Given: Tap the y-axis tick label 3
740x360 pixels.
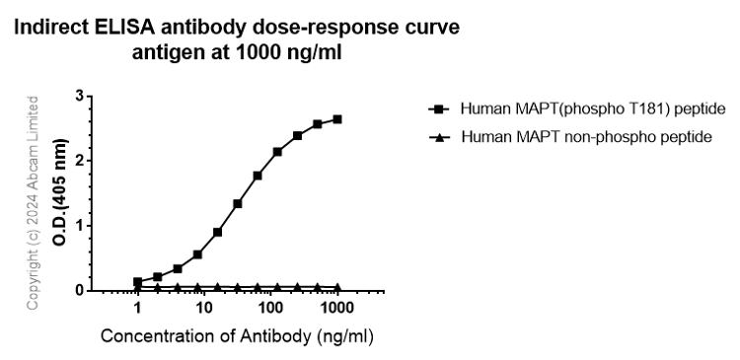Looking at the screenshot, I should pos(78,96).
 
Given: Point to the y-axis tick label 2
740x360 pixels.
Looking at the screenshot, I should pos(78,160).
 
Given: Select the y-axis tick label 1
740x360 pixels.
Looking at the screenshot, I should pos(78,225).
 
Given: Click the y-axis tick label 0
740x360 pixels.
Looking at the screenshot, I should pos(78,290).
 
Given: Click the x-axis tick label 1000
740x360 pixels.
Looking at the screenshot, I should pos(336,309).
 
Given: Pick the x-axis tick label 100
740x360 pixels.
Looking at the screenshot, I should pos(270,309).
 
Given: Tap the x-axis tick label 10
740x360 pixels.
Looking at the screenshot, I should pos(204,309).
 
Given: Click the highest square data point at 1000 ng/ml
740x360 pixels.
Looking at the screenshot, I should pos(337,119).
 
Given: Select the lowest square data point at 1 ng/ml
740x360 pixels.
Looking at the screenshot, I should pos(138,281).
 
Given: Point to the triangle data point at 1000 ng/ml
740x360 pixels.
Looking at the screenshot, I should pos(337,287).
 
